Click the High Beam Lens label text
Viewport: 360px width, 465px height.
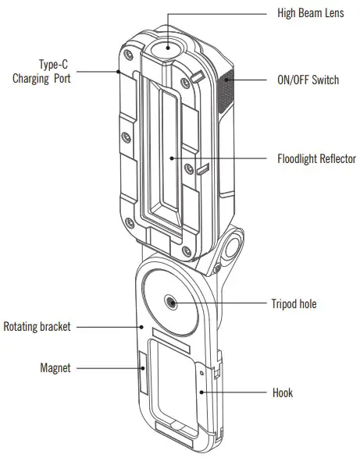pyautogui.click(x=311, y=13)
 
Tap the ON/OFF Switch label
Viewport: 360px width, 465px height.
pyautogui.click(x=308, y=80)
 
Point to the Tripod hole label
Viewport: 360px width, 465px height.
pyautogui.click(x=293, y=303)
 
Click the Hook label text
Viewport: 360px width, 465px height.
pyautogui.click(x=282, y=392)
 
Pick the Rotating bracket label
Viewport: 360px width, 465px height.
pyautogui.click(x=37, y=327)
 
